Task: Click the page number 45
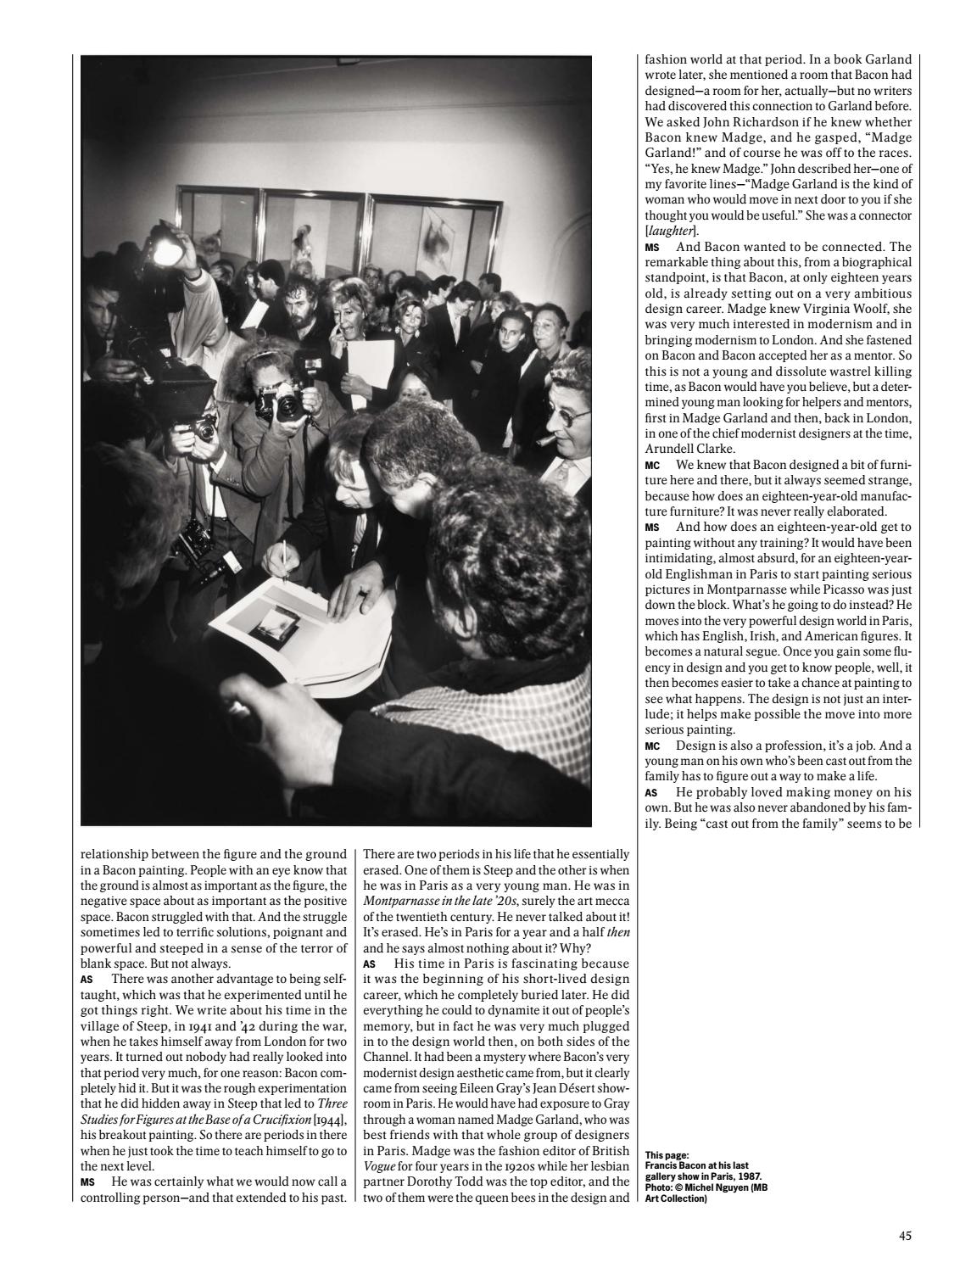coord(905,1236)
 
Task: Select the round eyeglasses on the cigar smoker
coord(564,416)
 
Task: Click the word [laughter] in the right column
coord(670,231)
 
